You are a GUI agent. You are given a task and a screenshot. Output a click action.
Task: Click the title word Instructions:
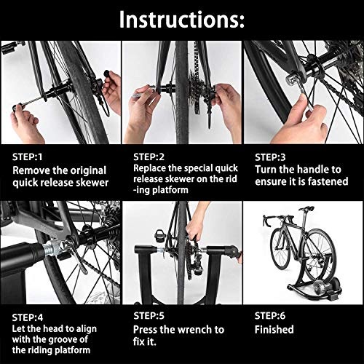181,19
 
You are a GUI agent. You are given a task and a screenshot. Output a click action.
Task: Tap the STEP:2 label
149,157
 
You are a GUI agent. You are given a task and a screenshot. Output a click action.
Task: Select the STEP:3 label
271,157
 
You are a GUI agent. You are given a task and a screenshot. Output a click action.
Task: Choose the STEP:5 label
149,317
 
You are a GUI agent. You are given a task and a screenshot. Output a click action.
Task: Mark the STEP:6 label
271,317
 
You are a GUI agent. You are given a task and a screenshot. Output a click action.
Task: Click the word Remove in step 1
33,170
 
